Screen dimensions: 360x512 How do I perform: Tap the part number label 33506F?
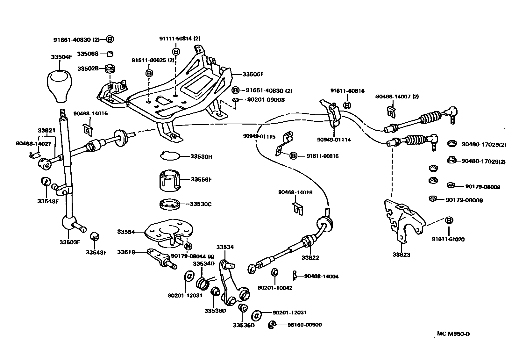[253, 74]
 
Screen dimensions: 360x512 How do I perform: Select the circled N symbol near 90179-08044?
[188, 246]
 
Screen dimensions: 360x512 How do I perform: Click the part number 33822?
[310, 257]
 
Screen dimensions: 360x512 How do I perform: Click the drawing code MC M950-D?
[453, 334]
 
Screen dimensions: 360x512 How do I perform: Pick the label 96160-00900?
[304, 325]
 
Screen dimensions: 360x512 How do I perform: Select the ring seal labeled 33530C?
[169, 204]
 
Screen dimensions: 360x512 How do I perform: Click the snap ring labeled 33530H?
[170, 156]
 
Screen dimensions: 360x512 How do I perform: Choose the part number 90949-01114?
[334, 140]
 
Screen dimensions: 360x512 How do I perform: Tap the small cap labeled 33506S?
[110, 54]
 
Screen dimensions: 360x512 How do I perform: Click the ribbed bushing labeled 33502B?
[110, 69]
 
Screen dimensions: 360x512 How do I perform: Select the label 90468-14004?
[321, 276]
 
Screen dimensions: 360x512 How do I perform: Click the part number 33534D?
[204, 263]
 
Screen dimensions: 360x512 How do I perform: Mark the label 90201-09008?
[266, 100]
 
